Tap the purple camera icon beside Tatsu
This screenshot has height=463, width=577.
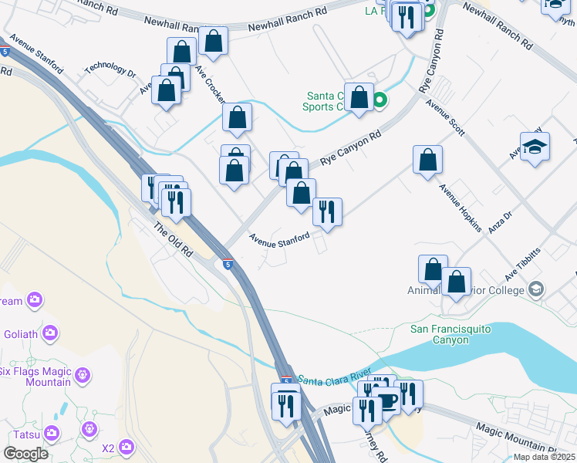pyautogui.click(x=52, y=433)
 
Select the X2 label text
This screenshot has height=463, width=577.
pyautogui.click(x=108, y=448)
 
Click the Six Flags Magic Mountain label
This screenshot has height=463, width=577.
pyautogui.click(x=35, y=377)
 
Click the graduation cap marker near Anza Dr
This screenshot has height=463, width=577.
pyautogui.click(x=535, y=147)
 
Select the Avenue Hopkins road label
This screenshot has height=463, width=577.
pyautogui.click(x=461, y=208)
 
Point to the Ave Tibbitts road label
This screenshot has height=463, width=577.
pyautogui.click(x=523, y=263)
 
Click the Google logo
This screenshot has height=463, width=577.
pyautogui.click(x=25, y=454)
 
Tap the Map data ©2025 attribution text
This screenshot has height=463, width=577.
pyautogui.click(x=543, y=457)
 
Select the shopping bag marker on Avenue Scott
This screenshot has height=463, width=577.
pyautogui.click(x=427, y=161)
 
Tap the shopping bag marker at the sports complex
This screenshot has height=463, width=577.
pyautogui.click(x=359, y=97)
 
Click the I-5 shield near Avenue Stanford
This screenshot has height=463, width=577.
pyautogui.click(x=228, y=265)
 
